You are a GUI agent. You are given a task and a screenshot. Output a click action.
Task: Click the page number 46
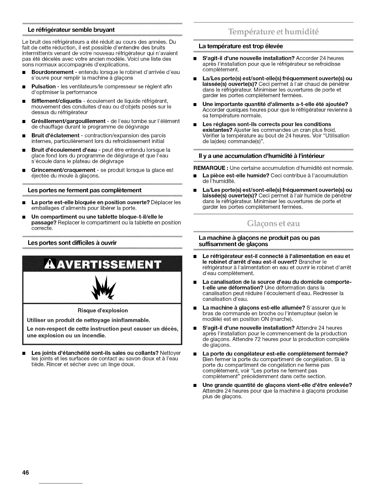tap(25, 472)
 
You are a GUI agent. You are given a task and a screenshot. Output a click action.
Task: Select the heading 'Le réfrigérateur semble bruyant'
tap(71, 30)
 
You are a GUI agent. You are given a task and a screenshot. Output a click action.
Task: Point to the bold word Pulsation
tap(44, 87)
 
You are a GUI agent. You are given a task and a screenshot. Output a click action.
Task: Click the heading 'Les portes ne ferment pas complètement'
tap(85, 190)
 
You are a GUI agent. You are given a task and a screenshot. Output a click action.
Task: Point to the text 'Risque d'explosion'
tap(103, 310)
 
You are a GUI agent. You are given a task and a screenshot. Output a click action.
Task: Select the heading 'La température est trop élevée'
tap(241, 46)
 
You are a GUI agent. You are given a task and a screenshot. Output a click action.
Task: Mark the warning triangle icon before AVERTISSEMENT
tap(50, 264)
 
